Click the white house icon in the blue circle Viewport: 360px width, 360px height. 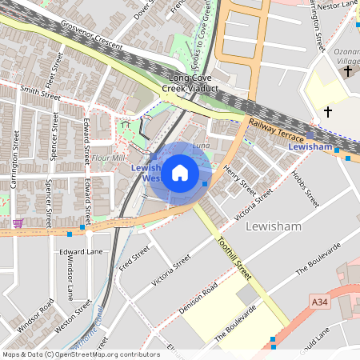pos(180,172)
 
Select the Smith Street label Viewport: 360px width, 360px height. pos(41,94)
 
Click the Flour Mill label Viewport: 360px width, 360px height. pos(108,158)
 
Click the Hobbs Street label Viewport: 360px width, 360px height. pos(305,189)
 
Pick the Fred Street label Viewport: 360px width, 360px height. pos(134,261)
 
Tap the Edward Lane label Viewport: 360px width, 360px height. pos(82,251)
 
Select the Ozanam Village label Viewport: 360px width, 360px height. pos(346,57)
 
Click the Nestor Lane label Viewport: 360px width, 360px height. pos(338,6)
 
